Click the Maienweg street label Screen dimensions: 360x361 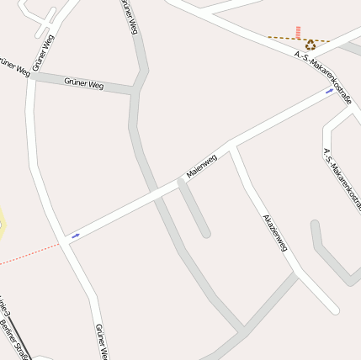click(x=201, y=166)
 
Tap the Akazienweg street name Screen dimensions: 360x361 click(x=275, y=232)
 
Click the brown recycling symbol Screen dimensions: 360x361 click(x=311, y=45)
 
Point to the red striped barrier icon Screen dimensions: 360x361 click(x=298, y=32)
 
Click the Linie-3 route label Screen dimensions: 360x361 click(x=4, y=309)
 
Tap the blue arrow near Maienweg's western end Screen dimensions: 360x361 click(x=76, y=236)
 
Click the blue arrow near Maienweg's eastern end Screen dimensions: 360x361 click(x=329, y=91)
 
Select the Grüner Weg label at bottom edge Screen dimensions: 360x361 click(x=101, y=343)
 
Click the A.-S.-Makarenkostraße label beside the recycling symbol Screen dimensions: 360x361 click(x=324, y=78)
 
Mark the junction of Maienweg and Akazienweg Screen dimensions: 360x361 click(x=233, y=145)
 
